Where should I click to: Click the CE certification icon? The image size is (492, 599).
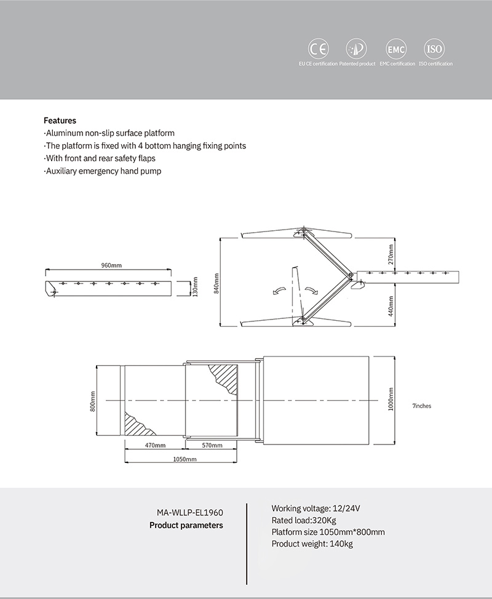(x=319, y=49)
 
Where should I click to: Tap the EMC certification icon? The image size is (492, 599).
(x=395, y=49)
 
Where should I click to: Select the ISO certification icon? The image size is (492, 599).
(x=435, y=49)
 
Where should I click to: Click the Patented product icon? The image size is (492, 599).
(x=357, y=49)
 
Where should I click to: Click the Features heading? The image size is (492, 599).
(x=60, y=121)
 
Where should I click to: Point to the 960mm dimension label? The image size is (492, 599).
(x=111, y=265)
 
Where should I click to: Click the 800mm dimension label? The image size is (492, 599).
(x=93, y=402)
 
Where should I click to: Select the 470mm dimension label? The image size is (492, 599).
(x=155, y=445)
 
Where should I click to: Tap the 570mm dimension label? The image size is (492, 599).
(x=212, y=445)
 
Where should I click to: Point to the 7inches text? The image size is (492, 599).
(x=422, y=406)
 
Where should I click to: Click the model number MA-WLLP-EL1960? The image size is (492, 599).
(x=189, y=512)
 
